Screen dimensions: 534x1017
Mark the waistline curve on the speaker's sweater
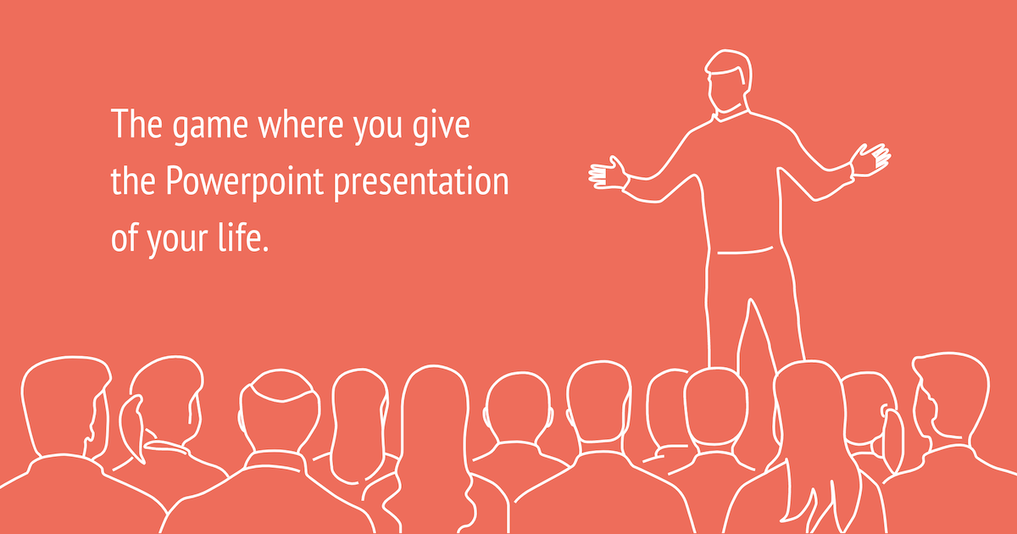click(x=744, y=251)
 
